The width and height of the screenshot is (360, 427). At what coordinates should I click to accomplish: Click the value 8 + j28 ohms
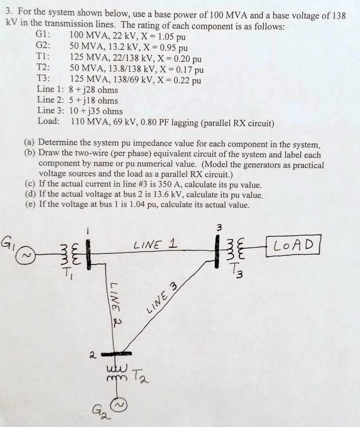[x=93, y=90]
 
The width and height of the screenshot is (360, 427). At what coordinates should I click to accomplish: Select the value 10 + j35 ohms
[x=96, y=111]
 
